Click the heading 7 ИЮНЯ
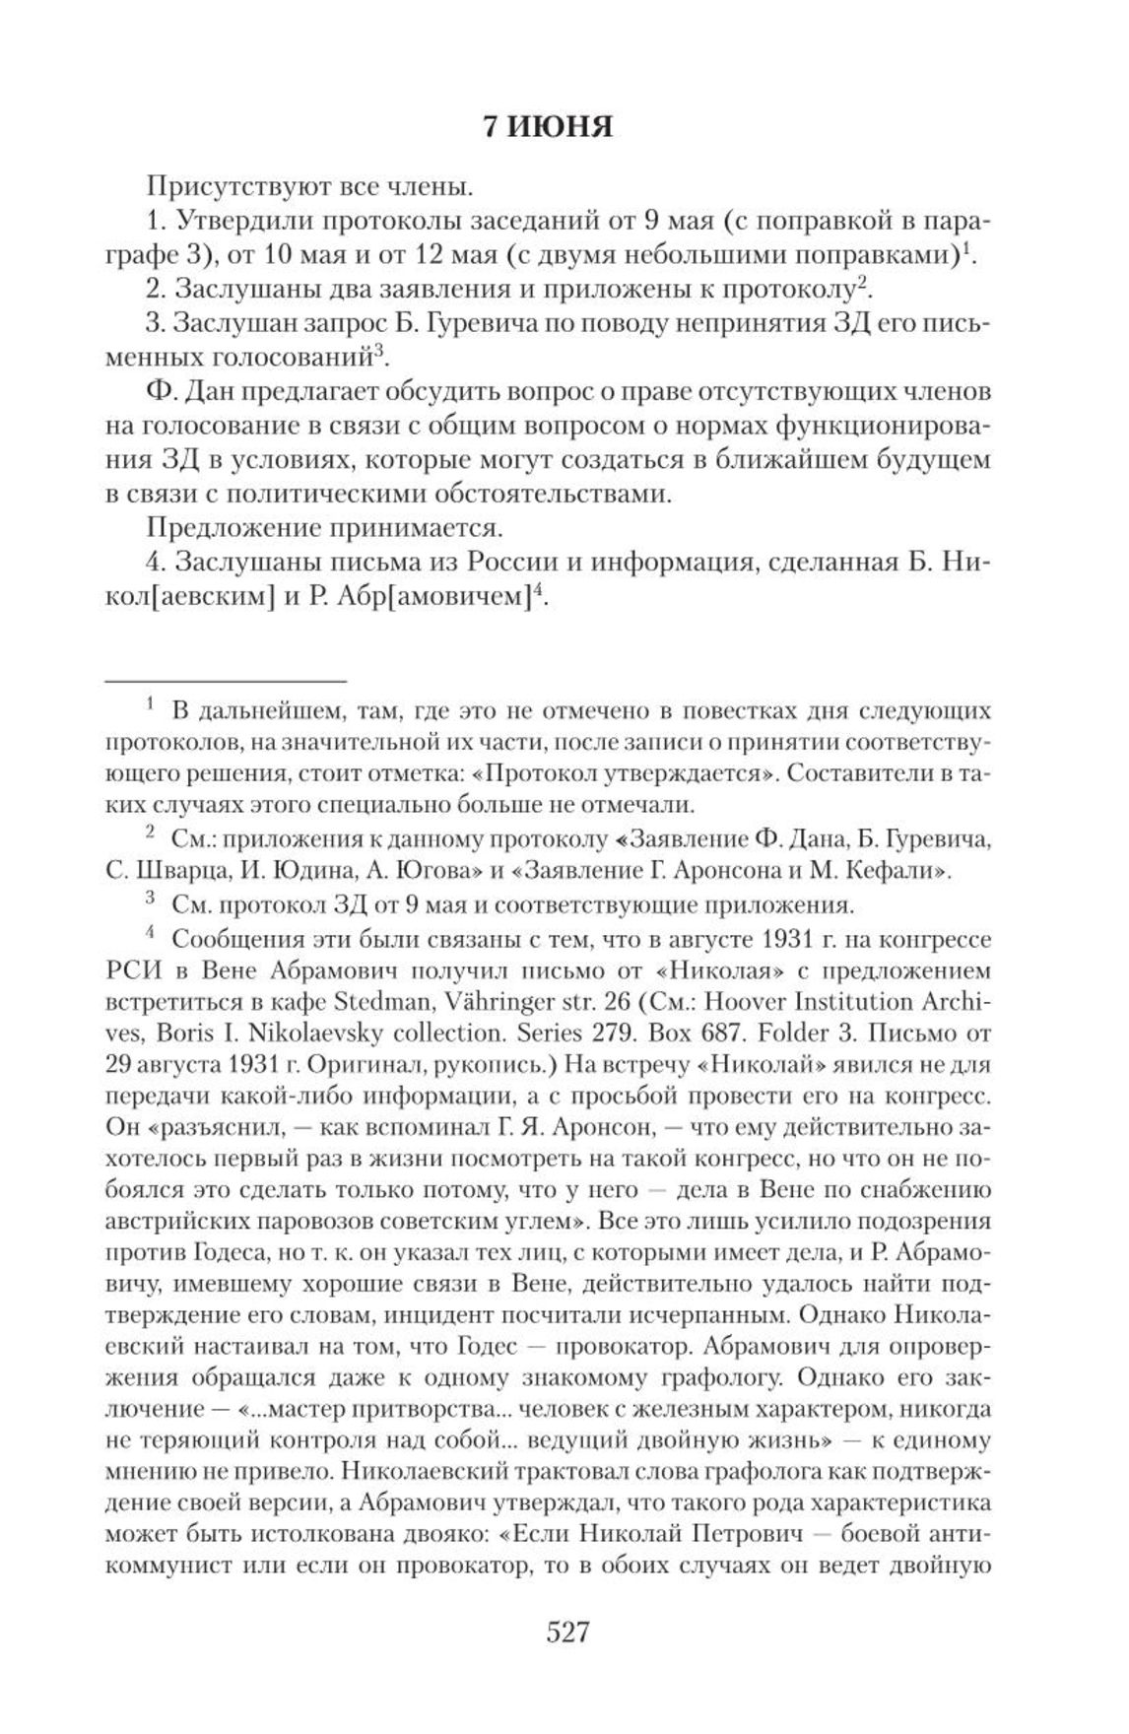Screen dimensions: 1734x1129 [x=548, y=127]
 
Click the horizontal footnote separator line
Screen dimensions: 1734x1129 [x=226, y=680]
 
